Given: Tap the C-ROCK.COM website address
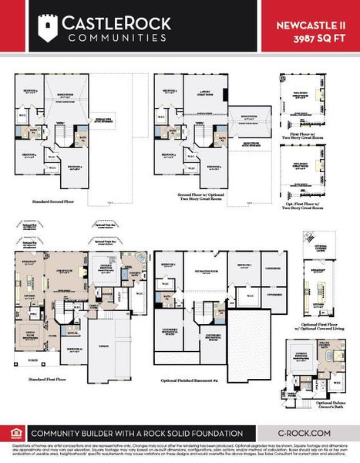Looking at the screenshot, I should (x=305, y=434).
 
